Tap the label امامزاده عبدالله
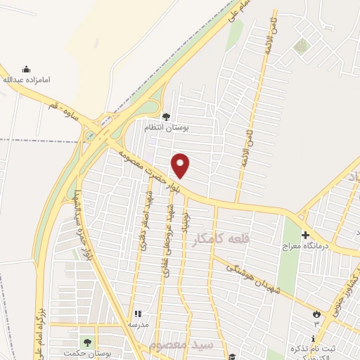(x=27, y=80)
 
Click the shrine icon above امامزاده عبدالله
(x=27, y=69)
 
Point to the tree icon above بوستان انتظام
(x=166, y=117)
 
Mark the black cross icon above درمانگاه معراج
(x=304, y=235)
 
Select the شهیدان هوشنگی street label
(x=245, y=274)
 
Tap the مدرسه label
(x=138, y=325)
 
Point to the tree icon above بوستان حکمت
(x=87, y=342)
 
